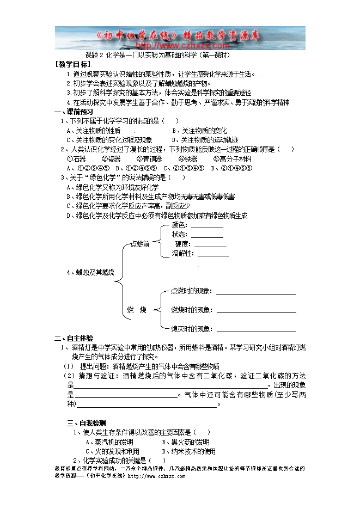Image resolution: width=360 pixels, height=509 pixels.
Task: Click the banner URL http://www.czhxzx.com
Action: pos(180,46)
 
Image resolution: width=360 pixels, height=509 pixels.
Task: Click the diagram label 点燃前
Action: pos(140,244)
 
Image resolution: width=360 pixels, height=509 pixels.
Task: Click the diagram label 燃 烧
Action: pos(137,310)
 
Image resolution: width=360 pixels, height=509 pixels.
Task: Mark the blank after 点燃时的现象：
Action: pos(255,293)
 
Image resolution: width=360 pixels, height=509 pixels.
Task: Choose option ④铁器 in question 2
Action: pos(188,159)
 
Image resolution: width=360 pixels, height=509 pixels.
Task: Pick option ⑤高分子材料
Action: pos(233,159)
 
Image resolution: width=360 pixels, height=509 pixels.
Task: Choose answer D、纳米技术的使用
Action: pos(188,451)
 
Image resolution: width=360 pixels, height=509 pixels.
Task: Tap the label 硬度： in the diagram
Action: pos(181,244)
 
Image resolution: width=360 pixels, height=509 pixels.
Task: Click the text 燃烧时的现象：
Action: pos(191,310)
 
